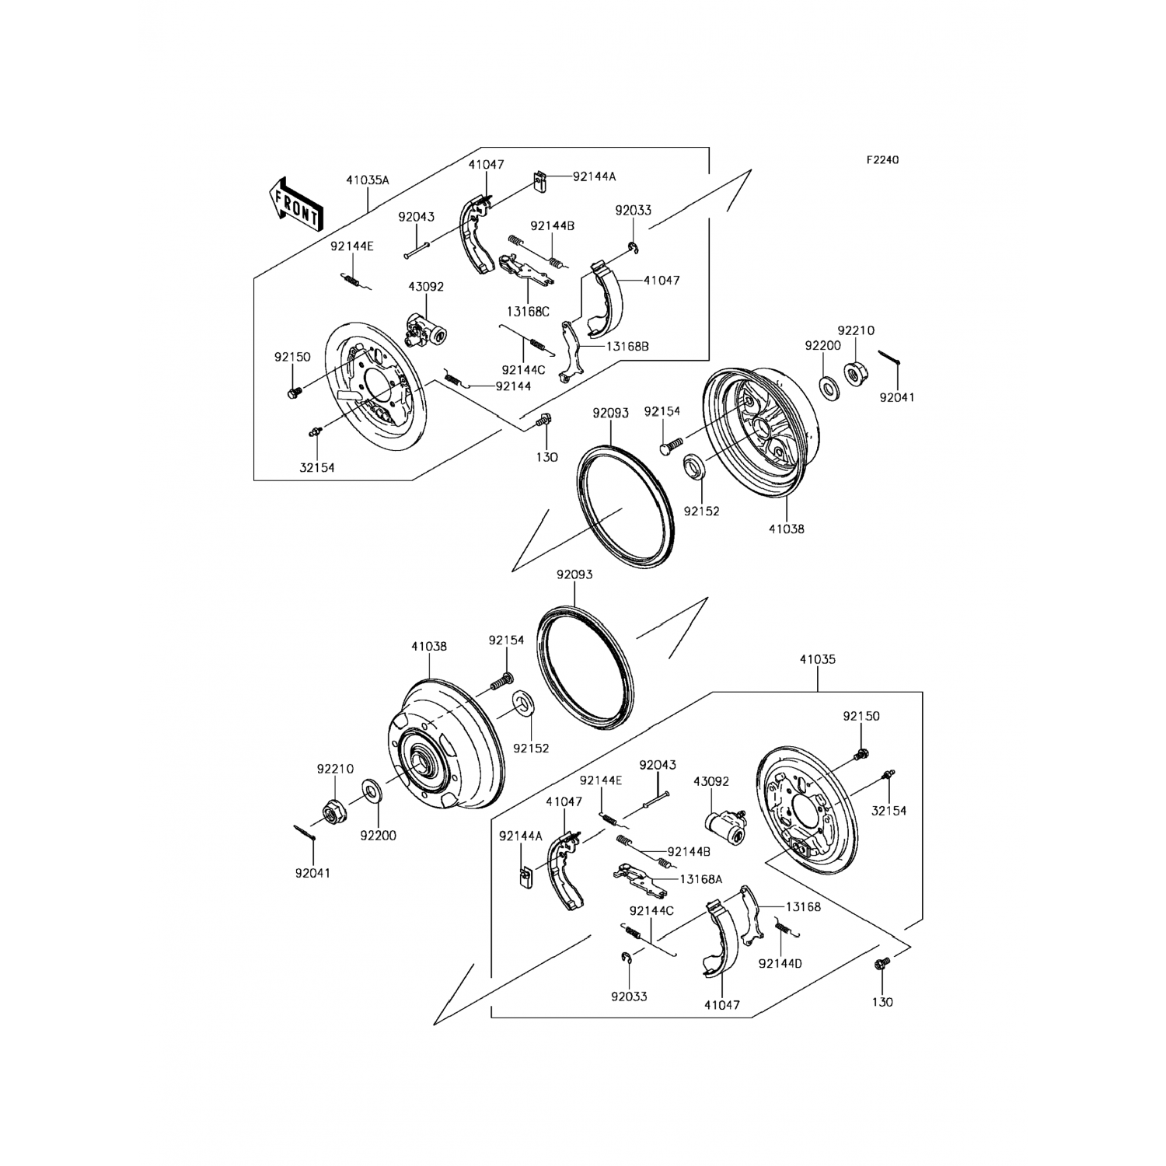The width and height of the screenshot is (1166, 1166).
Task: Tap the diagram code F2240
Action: tap(882, 160)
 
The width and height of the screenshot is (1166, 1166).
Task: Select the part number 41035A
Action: tap(368, 180)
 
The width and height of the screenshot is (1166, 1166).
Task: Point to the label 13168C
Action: tap(528, 312)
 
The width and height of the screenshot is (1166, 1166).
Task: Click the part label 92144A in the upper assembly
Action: tap(594, 176)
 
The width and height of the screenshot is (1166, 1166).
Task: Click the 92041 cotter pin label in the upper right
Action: tap(897, 397)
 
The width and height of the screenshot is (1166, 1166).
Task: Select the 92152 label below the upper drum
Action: tap(701, 511)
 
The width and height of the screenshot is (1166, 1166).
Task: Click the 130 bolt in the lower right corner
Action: tap(881, 965)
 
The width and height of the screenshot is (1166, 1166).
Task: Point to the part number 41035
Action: tap(817, 659)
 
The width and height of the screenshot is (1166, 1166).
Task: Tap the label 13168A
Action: tap(701, 878)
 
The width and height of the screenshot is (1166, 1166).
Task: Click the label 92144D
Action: tap(780, 964)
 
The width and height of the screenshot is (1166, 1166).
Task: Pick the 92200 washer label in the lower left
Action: tap(378, 836)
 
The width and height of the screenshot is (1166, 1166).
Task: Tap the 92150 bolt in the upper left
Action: tap(294, 393)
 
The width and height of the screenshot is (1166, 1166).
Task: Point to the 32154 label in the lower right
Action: tap(888, 811)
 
